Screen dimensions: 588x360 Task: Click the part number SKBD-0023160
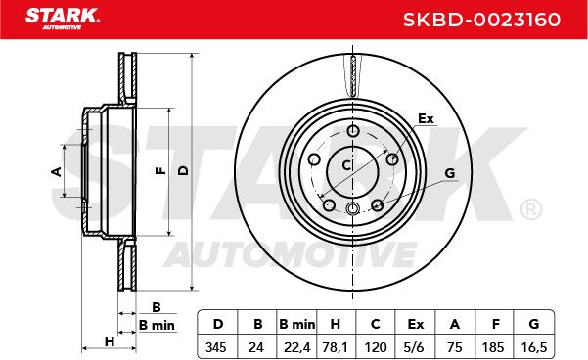pyautogui.click(x=481, y=20)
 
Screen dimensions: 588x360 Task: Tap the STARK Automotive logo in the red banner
pyautogui.click(x=63, y=19)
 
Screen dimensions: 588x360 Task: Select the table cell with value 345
pyautogui.click(x=216, y=347)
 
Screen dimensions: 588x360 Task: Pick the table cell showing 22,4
pyautogui.click(x=297, y=347)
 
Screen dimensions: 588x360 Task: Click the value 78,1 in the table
pyautogui.click(x=335, y=347)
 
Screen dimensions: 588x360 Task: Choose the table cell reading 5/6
pyautogui.click(x=414, y=347)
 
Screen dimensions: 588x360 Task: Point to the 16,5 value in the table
pyautogui.click(x=534, y=347)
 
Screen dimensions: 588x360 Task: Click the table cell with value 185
pyautogui.click(x=493, y=347)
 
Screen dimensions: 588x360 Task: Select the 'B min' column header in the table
pyautogui.click(x=297, y=324)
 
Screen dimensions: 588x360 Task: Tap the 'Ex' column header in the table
pyautogui.click(x=415, y=324)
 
